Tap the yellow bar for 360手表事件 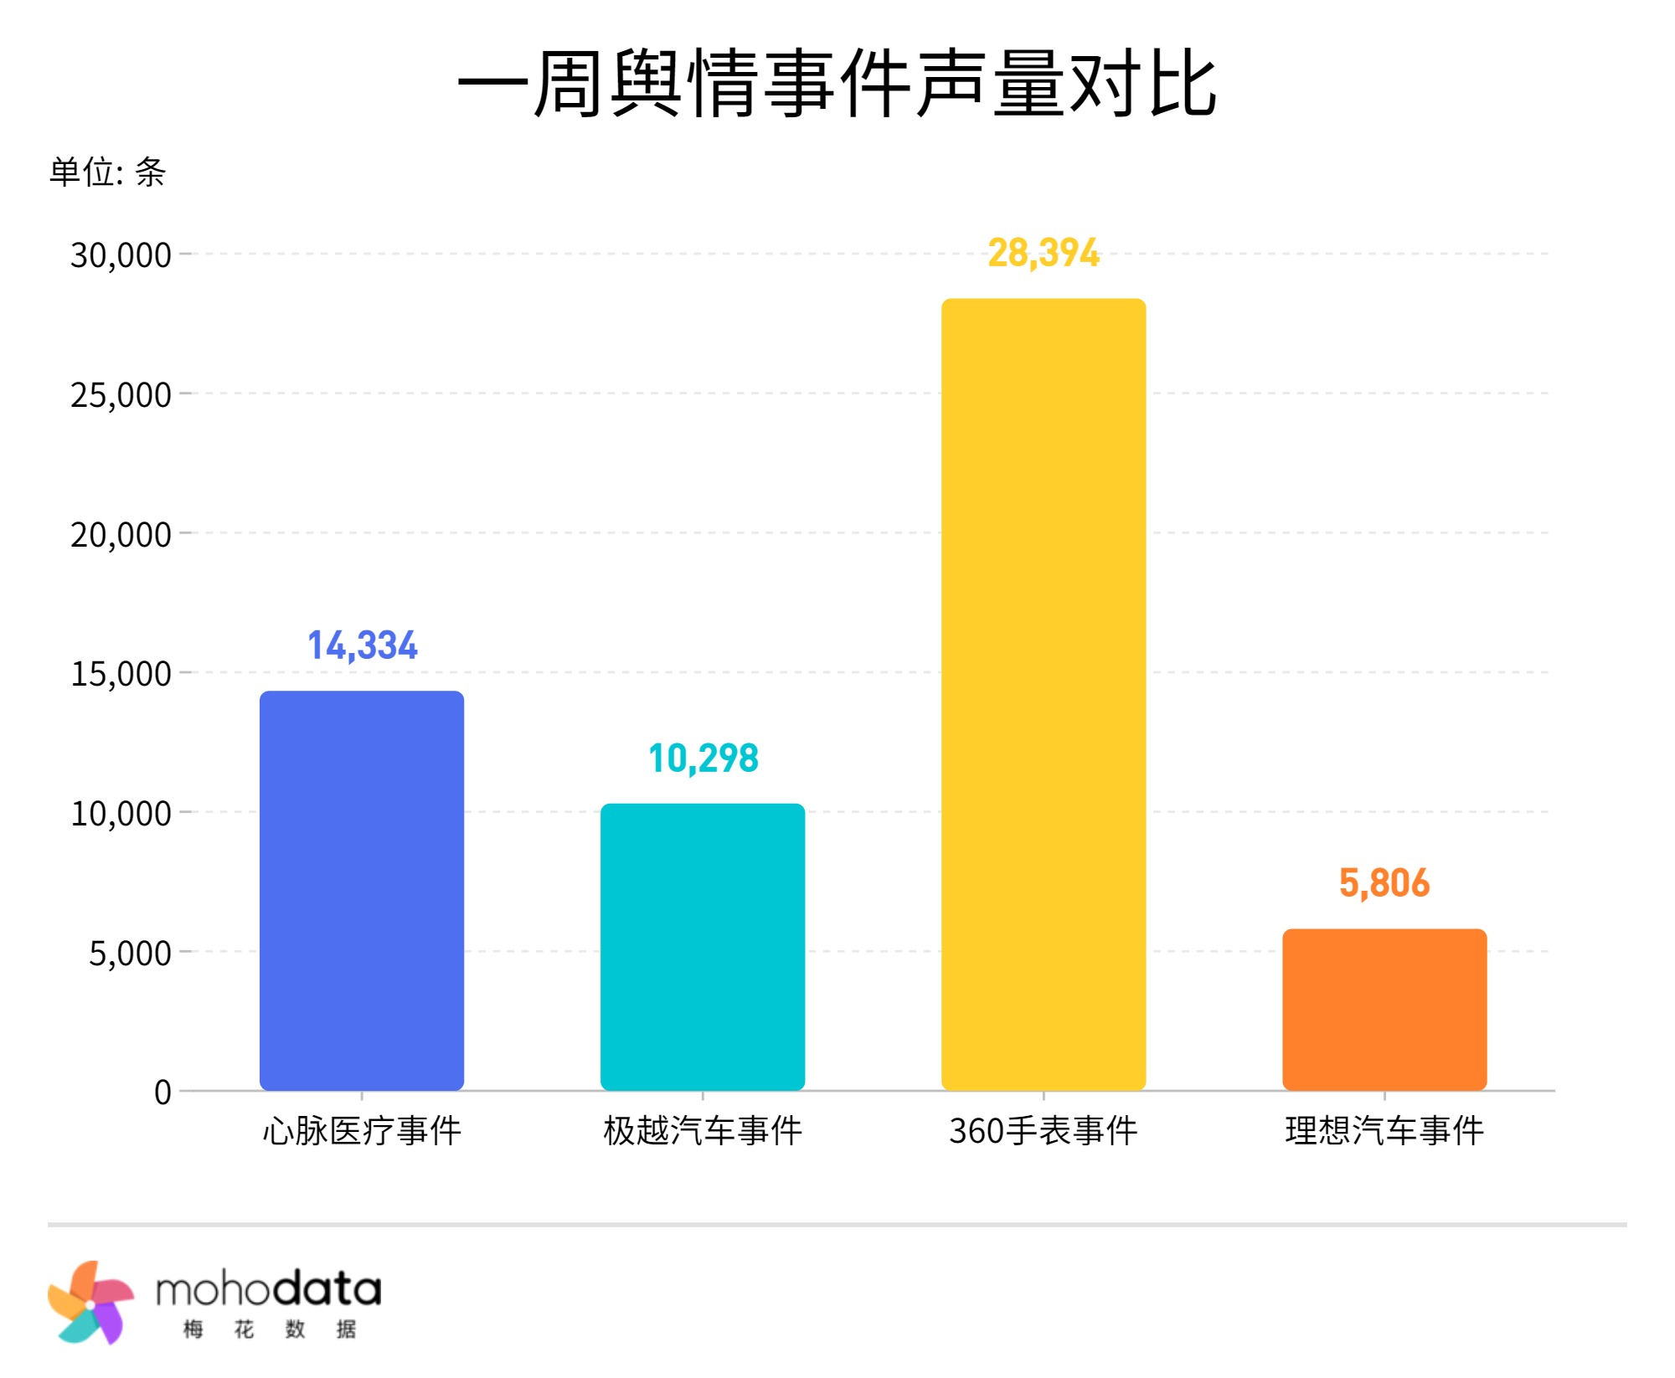pos(1044,694)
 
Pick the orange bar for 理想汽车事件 pos(1384,1009)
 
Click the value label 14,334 pos(362,645)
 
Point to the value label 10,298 pos(703,758)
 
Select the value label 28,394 pos(1044,253)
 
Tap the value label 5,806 pos(1384,883)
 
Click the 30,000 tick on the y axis pos(121,255)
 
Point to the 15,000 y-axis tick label pos(121,674)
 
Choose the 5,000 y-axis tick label pos(130,954)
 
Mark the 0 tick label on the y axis pos(162,1093)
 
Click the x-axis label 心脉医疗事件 pos(362,1131)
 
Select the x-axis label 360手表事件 pos(1044,1131)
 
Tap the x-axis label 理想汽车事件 pos(1384,1131)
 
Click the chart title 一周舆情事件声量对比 pos(837,84)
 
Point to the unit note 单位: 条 pos(107,172)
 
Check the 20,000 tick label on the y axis pos(121,535)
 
